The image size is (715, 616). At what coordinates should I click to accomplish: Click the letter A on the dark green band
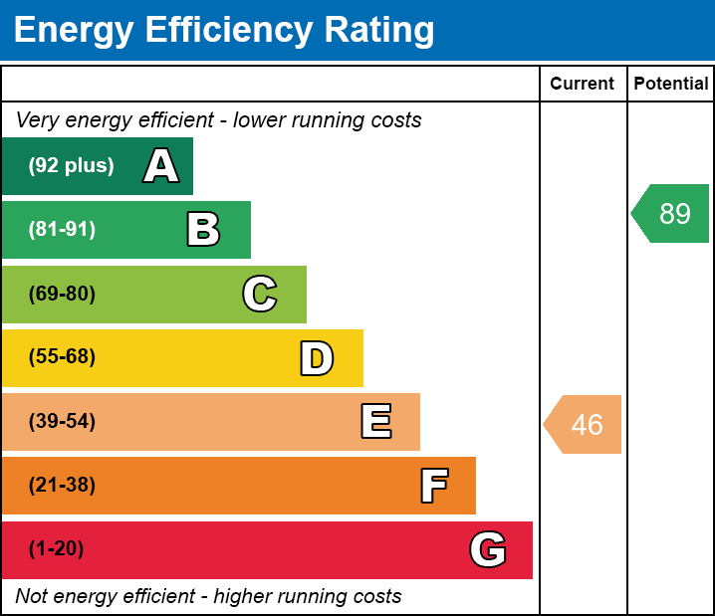tap(161, 166)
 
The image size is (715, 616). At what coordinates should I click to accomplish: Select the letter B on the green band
tap(203, 230)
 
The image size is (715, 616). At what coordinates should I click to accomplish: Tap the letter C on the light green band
tap(259, 294)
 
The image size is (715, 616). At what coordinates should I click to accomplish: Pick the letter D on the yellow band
tap(317, 358)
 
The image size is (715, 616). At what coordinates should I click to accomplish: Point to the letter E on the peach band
tap(375, 422)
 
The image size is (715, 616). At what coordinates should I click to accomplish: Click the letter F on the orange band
tap(433, 486)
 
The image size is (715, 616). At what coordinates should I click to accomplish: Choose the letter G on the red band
tap(488, 549)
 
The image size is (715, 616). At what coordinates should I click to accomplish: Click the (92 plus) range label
tap(71, 166)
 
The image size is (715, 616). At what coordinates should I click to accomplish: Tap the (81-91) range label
tap(62, 230)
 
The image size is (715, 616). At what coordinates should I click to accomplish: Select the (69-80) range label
tap(62, 294)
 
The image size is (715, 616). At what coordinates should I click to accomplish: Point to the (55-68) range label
tap(62, 357)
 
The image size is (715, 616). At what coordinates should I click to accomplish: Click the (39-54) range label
tap(62, 422)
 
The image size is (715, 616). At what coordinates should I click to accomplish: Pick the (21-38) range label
tap(62, 486)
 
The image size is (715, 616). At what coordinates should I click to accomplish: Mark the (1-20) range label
tap(57, 549)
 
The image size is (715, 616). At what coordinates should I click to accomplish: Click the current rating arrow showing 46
tap(584, 425)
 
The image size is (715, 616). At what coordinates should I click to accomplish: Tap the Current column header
tap(583, 85)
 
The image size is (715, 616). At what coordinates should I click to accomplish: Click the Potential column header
tap(671, 85)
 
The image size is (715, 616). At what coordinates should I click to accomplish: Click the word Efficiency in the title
tap(230, 30)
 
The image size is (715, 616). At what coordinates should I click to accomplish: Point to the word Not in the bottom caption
tap(32, 597)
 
